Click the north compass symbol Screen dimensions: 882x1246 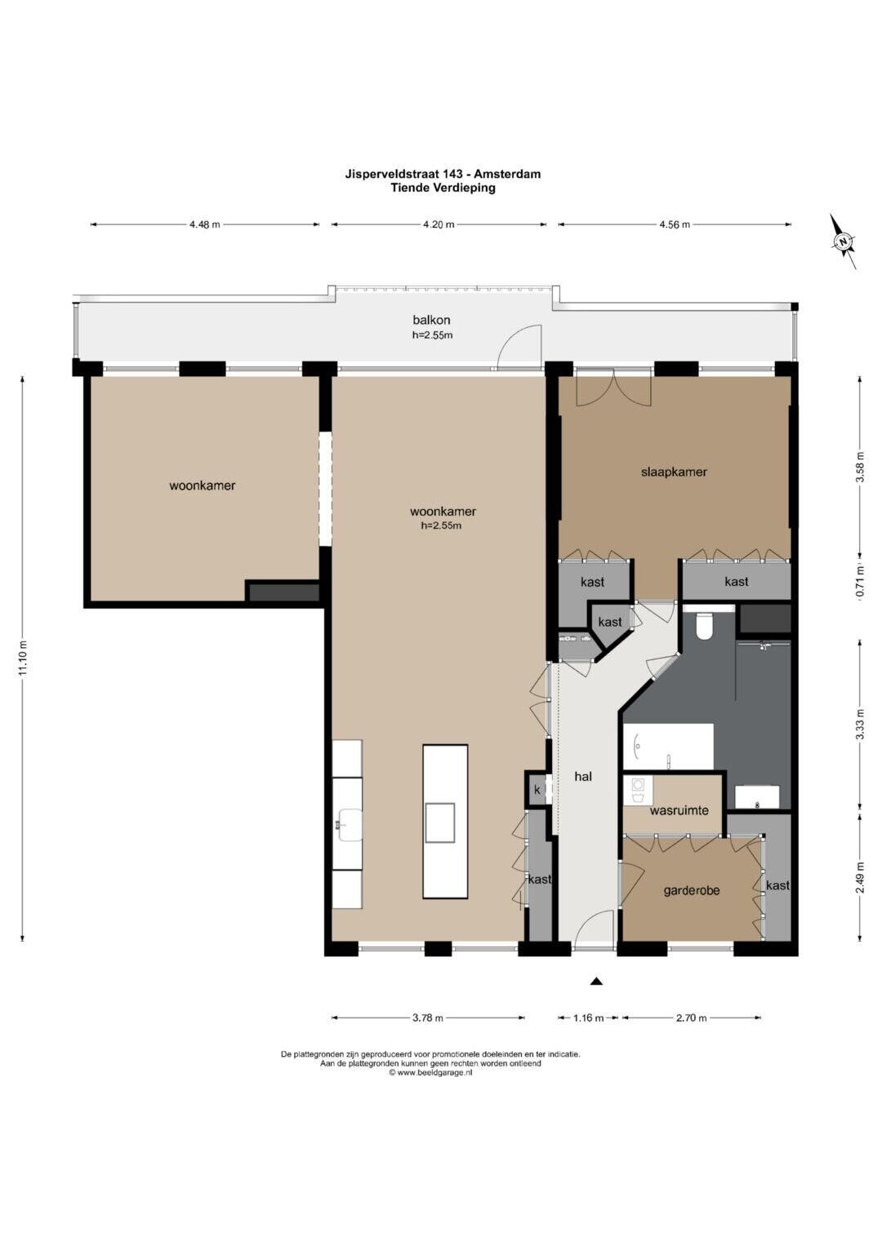coord(844,242)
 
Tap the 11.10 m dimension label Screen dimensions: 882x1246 coord(22,658)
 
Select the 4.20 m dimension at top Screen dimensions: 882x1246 coord(439,224)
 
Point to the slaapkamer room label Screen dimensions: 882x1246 coord(674,472)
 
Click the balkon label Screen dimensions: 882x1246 coord(431,320)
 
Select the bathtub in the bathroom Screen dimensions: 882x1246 coord(668,747)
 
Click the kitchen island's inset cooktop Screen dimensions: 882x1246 coord(440,823)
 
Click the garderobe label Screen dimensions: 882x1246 coord(692,890)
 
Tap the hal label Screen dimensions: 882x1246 coord(583,777)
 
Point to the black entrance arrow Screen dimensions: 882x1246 coord(596,982)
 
